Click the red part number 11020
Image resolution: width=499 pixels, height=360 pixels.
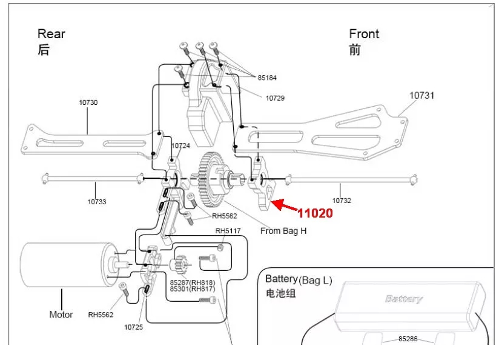point(315,213)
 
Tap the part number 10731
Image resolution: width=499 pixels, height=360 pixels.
point(421,95)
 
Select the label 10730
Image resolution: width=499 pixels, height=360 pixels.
point(88,102)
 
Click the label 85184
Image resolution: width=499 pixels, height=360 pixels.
point(267,78)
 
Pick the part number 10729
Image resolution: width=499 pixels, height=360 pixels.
point(275,98)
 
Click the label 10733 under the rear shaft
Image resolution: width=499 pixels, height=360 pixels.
point(97,202)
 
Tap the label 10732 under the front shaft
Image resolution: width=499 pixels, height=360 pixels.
point(342,201)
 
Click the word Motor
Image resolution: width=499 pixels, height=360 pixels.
point(61,315)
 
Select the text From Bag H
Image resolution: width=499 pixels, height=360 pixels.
point(283,231)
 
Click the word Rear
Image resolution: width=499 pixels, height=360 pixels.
point(51,34)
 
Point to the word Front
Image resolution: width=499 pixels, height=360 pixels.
point(364,34)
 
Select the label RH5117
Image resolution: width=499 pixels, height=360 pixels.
point(228,231)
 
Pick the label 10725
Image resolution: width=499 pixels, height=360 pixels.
point(133,327)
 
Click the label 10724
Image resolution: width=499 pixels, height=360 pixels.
point(180,145)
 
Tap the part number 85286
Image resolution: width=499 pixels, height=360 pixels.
point(408,339)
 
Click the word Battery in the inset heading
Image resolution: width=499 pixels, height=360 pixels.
point(282,279)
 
